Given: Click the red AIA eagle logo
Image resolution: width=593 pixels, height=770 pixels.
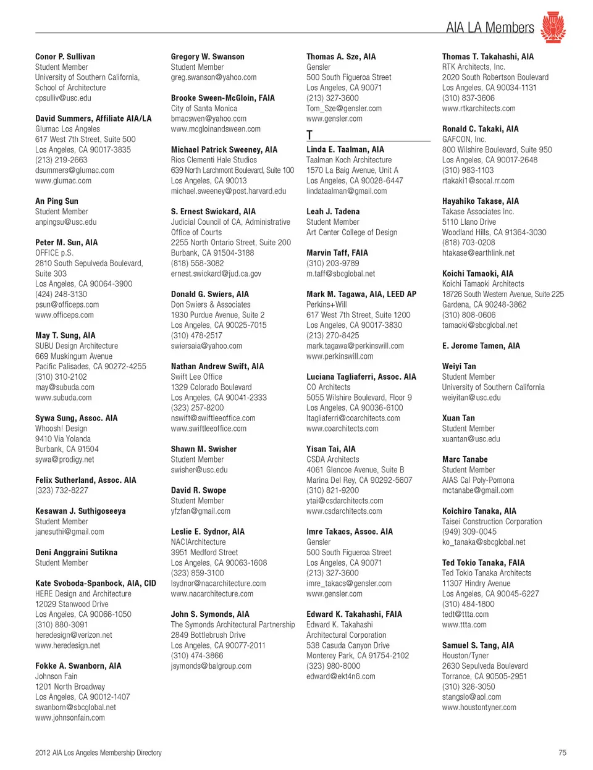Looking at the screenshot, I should (x=553, y=27).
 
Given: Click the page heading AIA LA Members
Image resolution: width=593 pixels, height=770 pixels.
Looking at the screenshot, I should (x=490, y=28).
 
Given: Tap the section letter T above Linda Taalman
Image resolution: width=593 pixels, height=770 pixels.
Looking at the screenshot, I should (x=309, y=135).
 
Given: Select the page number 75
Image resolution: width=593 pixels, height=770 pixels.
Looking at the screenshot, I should (x=562, y=753).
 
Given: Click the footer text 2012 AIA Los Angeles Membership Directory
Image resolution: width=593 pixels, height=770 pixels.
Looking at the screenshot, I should (x=98, y=753).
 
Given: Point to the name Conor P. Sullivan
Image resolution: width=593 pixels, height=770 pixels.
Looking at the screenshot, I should (x=65, y=57).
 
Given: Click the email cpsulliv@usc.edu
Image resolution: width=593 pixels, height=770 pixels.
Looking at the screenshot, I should (x=63, y=98).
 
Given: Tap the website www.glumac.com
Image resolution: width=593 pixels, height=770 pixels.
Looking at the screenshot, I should (x=63, y=181).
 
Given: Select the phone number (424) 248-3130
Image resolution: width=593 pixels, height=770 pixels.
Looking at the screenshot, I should (x=61, y=295).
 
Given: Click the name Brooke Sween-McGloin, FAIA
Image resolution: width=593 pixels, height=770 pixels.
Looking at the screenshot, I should (x=222, y=98).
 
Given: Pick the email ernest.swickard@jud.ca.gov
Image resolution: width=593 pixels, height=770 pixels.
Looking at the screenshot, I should (x=216, y=274).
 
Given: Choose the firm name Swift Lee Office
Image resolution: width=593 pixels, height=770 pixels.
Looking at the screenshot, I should (x=196, y=377).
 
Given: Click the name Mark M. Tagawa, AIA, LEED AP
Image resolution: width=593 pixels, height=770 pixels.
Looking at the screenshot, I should (x=361, y=295).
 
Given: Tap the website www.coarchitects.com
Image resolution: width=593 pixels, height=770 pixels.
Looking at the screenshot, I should (x=342, y=429).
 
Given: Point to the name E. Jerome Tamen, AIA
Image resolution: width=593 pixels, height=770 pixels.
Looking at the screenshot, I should (x=481, y=346).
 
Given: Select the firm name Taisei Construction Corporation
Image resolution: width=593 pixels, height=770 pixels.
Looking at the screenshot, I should (x=492, y=522).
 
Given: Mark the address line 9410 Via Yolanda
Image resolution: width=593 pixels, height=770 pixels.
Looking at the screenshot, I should (x=63, y=439).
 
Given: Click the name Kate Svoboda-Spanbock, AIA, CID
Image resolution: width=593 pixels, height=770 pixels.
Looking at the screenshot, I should (x=96, y=584).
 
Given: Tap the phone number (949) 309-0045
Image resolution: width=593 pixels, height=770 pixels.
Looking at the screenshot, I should (x=469, y=532).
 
